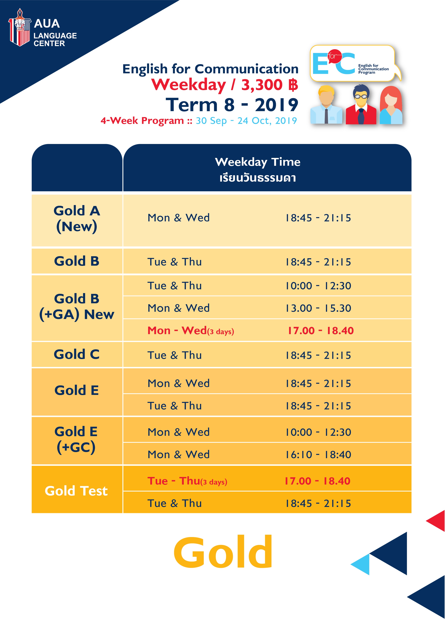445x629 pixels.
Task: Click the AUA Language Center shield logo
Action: click(19, 27)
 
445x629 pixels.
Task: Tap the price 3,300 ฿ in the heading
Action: click(270, 85)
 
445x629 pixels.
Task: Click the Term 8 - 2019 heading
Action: click(232, 105)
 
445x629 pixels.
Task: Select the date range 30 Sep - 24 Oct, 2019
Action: click(246, 120)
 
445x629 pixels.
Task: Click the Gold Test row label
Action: click(76, 491)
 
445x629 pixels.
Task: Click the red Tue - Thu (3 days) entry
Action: click(187, 481)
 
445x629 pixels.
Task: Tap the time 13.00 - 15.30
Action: click(318, 308)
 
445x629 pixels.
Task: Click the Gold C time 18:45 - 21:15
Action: click(318, 355)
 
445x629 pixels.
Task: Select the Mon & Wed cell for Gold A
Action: click(178, 218)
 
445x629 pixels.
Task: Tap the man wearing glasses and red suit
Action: click(361, 104)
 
